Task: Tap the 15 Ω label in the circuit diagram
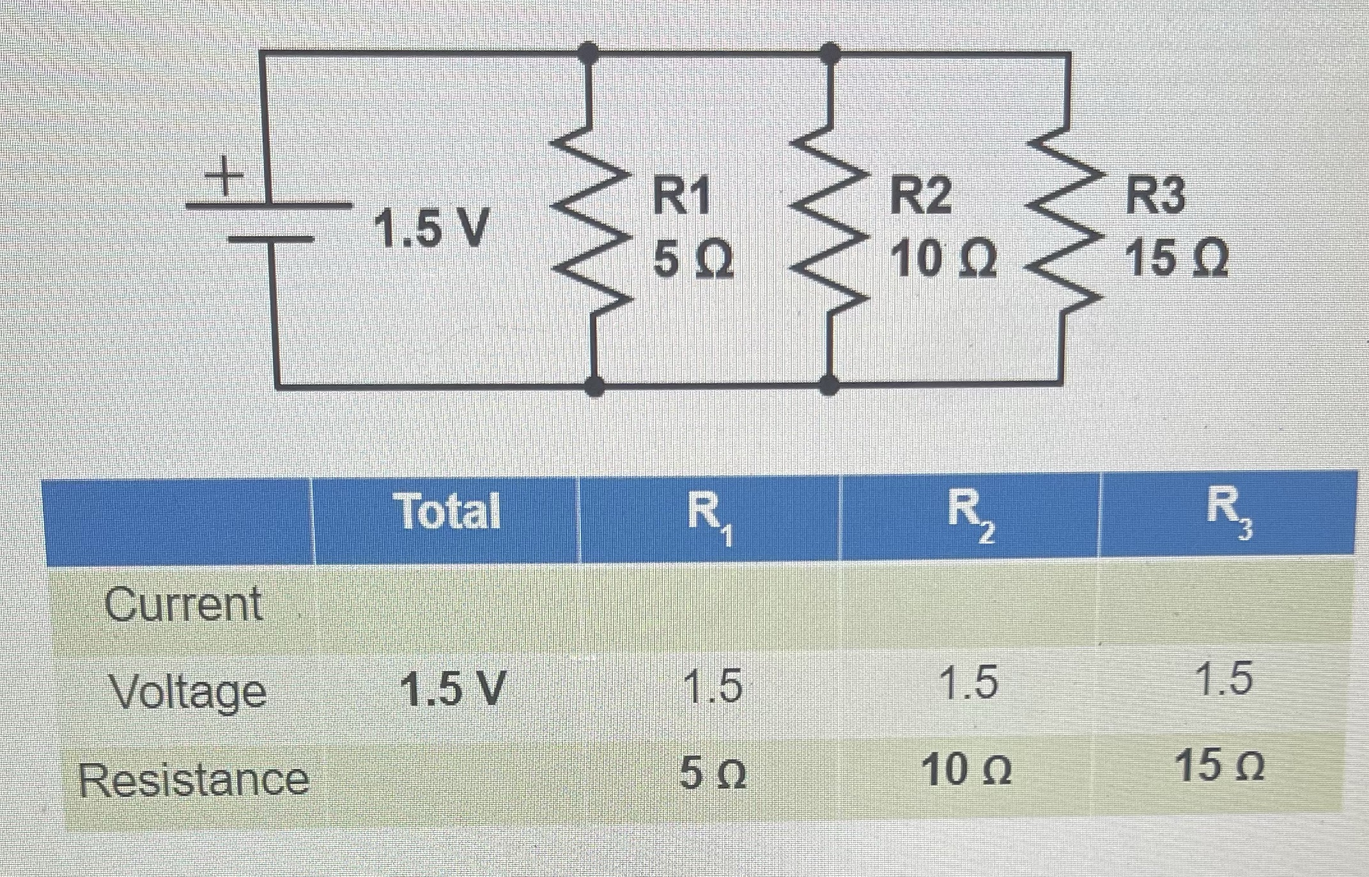pos(1176,258)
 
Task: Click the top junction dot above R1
pos(589,53)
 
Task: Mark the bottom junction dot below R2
pos(829,384)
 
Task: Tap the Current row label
pos(184,604)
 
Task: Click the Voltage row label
pos(188,691)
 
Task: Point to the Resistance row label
pos(194,780)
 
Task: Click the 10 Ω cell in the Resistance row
pos(968,771)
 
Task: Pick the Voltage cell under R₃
pos(1224,680)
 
